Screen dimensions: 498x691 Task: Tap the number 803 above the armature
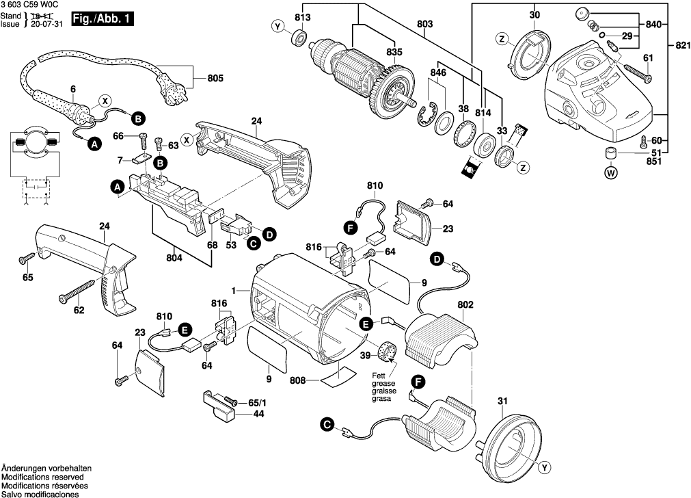click(x=425, y=24)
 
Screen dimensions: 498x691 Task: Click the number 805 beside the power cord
click(x=215, y=78)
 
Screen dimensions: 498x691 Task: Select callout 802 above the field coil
click(x=465, y=304)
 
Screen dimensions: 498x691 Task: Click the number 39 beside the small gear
click(x=365, y=354)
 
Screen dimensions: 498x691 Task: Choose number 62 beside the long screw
click(x=79, y=311)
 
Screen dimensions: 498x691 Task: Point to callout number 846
click(x=438, y=72)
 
